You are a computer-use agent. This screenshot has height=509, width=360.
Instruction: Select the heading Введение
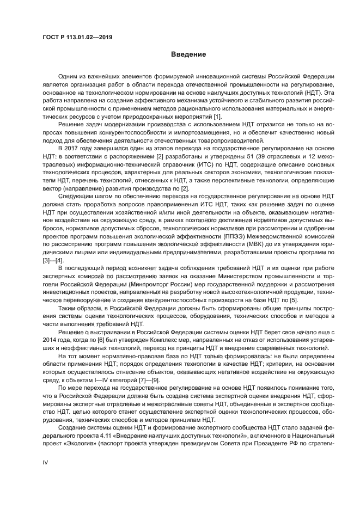point(188,54)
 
